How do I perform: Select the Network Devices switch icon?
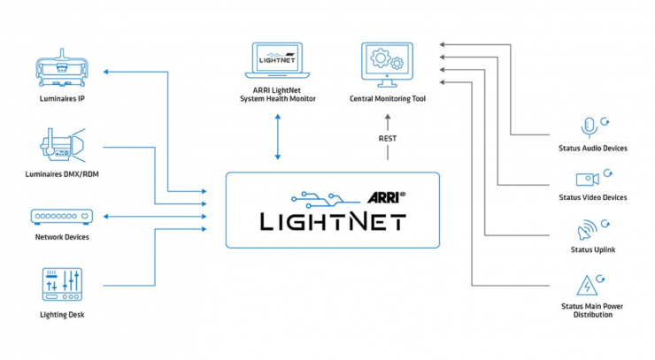pos(61,217)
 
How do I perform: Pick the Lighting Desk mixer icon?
pos(61,284)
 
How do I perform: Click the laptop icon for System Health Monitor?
pos(277,64)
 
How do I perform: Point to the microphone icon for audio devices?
pos(589,126)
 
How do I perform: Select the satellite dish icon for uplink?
pos(588,231)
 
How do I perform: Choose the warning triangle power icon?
pos(589,284)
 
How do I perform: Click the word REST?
pos(387,139)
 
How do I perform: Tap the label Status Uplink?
pos(593,250)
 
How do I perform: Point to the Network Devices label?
pos(62,237)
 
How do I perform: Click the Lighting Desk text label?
pos(62,314)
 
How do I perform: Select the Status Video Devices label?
pos(593,197)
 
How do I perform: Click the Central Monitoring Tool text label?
pos(388,99)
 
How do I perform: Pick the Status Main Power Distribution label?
pos(593,310)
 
